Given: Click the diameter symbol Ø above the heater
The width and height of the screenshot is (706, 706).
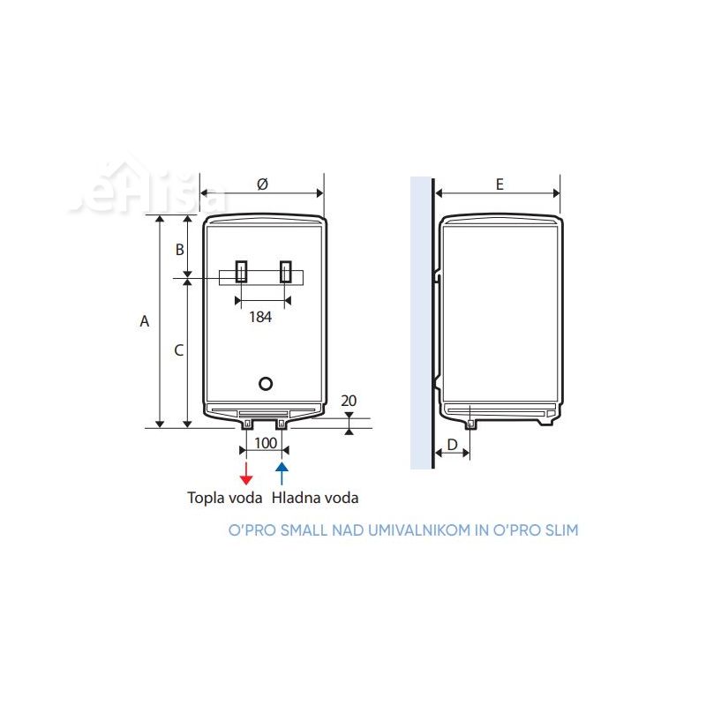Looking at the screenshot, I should tap(262, 184).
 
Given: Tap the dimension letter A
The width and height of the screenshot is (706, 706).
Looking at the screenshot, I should tap(145, 322).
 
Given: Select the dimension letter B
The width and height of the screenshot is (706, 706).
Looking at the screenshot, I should tap(179, 250).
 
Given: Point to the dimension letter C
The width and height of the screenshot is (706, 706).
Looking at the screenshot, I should tap(178, 350).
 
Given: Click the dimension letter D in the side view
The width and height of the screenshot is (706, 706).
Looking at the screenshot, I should tap(452, 445).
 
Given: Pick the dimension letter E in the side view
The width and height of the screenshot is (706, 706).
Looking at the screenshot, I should tap(499, 184).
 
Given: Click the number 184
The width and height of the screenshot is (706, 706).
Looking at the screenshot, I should tap(259, 318).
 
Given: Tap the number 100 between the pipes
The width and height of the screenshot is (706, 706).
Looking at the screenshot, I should tap(265, 441).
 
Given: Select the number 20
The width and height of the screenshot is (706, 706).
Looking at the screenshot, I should tap(349, 401).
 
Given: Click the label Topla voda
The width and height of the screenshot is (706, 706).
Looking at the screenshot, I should tap(225, 498).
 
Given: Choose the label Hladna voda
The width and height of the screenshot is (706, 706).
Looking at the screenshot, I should tap(316, 498).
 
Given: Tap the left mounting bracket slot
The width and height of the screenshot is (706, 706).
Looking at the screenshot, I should tap(241, 272).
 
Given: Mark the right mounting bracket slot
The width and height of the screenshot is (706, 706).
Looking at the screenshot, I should tap(285, 272).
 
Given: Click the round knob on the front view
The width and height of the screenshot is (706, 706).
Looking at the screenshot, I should tap(265, 384).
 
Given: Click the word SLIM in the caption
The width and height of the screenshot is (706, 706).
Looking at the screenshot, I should tap(560, 530).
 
